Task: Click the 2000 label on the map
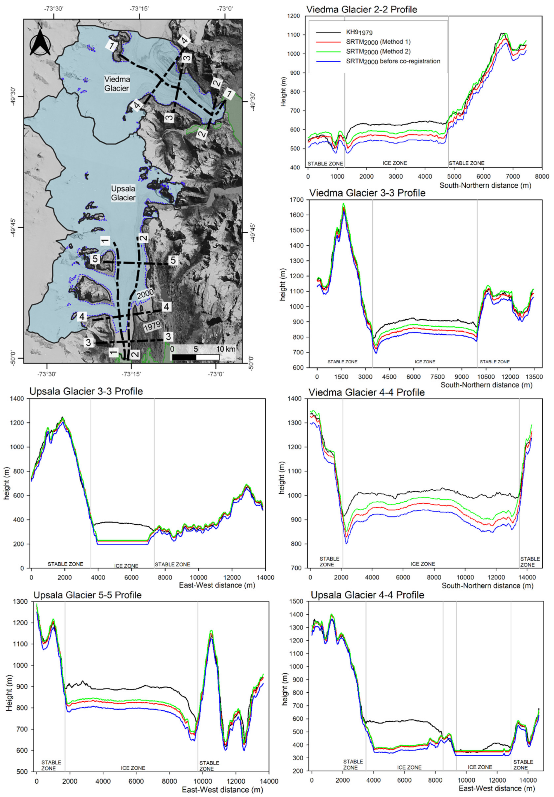click(x=145, y=294)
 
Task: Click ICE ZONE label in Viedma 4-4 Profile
click(x=423, y=564)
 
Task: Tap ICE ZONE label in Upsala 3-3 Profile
click(x=126, y=566)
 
